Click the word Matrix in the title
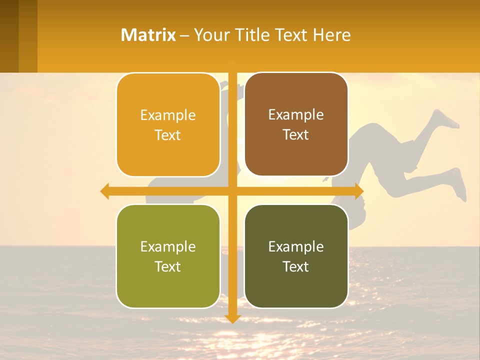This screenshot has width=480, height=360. pos(148,35)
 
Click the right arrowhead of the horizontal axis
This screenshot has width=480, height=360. pos(358,191)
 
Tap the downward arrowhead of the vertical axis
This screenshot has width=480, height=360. pos(233,318)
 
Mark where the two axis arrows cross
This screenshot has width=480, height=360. pos(233,191)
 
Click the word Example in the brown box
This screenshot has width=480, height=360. pos(296,115)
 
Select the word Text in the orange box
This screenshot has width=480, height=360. pos(168,135)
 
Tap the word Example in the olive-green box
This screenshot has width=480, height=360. pos(168,246)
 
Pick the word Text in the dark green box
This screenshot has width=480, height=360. pos(296,266)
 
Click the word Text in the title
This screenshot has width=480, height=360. pos(290,35)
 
